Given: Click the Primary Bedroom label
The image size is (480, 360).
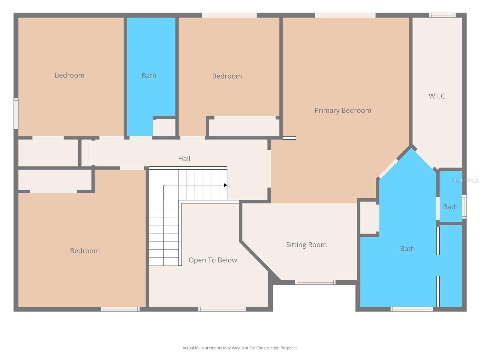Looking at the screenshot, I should (343, 110).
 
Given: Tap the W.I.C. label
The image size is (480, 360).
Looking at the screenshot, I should (437, 96).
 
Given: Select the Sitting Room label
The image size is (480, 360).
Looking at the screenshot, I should (306, 244).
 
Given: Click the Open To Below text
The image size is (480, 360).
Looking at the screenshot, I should (213, 260).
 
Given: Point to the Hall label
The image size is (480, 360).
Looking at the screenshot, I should (184, 158).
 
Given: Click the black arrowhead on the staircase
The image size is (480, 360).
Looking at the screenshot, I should (225, 185).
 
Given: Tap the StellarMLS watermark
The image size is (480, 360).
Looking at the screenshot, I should (465, 180).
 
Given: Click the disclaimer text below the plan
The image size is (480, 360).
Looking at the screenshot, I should (240, 348).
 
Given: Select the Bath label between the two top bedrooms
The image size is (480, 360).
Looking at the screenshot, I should (149, 76).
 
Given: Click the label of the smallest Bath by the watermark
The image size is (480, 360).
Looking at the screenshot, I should (450, 207).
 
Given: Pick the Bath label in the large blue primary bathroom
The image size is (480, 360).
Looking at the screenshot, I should (407, 248).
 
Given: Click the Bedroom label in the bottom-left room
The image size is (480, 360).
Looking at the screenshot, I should (85, 251).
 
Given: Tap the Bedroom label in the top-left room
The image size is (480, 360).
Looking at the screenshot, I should (69, 75).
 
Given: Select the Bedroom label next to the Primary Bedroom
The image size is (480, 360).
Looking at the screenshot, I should (227, 76).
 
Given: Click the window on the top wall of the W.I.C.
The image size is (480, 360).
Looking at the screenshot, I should (442, 15).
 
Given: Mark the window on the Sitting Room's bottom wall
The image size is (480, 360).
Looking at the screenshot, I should (315, 282).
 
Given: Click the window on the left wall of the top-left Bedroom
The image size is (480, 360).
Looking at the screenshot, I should (16, 114).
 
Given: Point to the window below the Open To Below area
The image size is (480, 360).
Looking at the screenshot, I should (222, 309).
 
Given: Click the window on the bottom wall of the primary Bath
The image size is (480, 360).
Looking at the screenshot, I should (412, 309).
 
